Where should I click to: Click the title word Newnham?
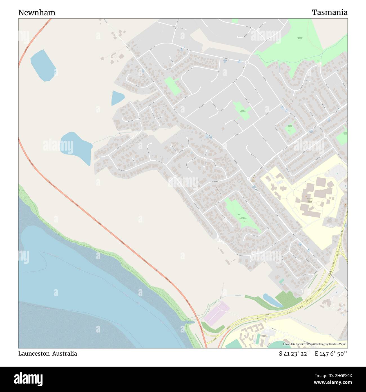(x=37, y=12)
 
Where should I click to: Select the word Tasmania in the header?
(x=329, y=12)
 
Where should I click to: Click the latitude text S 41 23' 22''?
(x=295, y=354)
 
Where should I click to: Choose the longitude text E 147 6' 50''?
(x=331, y=354)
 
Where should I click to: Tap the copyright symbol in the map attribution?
(x=284, y=344)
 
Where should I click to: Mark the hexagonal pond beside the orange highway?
(x=43, y=65)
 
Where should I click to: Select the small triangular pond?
(x=117, y=98)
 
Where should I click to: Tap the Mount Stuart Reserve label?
(x=243, y=218)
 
